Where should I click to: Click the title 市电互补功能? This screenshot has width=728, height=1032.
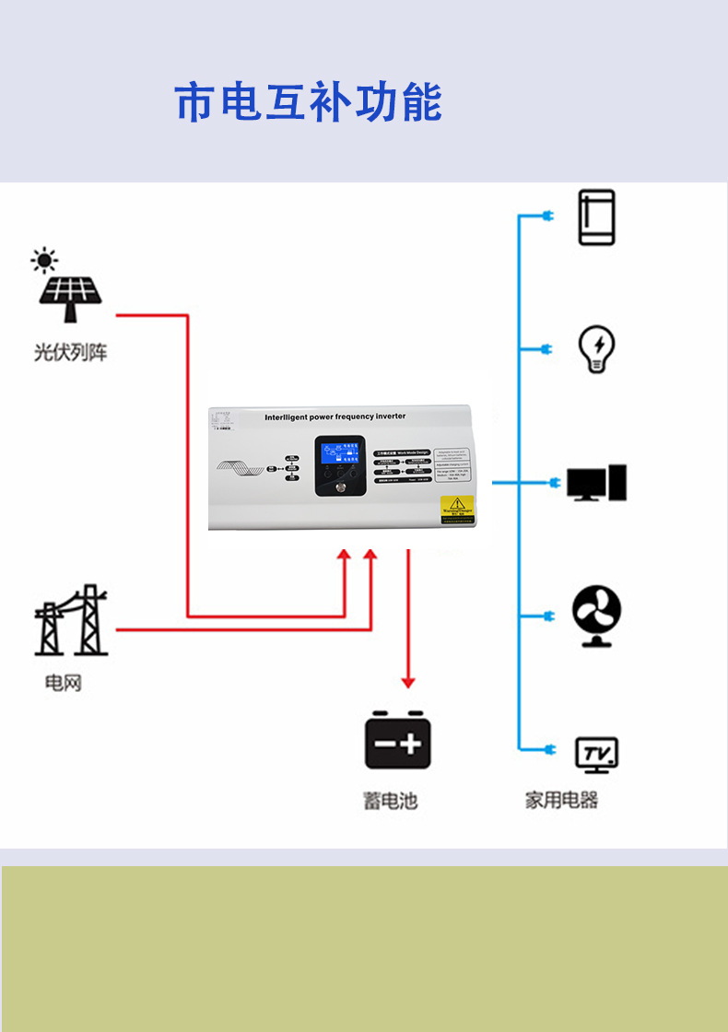point(309,102)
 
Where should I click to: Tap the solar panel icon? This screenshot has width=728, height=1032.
point(70,295)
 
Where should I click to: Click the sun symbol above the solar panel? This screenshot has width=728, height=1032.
point(44,260)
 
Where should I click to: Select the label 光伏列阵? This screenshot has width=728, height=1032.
point(70,352)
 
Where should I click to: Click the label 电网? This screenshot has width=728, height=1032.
point(64,683)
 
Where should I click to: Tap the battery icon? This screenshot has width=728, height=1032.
point(398,741)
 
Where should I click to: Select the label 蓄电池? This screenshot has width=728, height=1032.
point(390,800)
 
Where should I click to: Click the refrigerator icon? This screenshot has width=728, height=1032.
point(596,217)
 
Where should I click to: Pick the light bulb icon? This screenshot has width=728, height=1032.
point(596,348)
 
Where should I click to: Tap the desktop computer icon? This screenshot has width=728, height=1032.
point(596,483)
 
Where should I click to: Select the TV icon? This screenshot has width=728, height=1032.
point(596,754)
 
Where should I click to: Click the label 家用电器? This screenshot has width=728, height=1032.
point(562,800)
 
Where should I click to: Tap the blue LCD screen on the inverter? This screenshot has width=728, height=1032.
point(340,452)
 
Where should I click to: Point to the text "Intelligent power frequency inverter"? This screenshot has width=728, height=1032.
point(335,416)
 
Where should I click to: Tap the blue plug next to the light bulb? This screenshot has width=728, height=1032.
point(546,349)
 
